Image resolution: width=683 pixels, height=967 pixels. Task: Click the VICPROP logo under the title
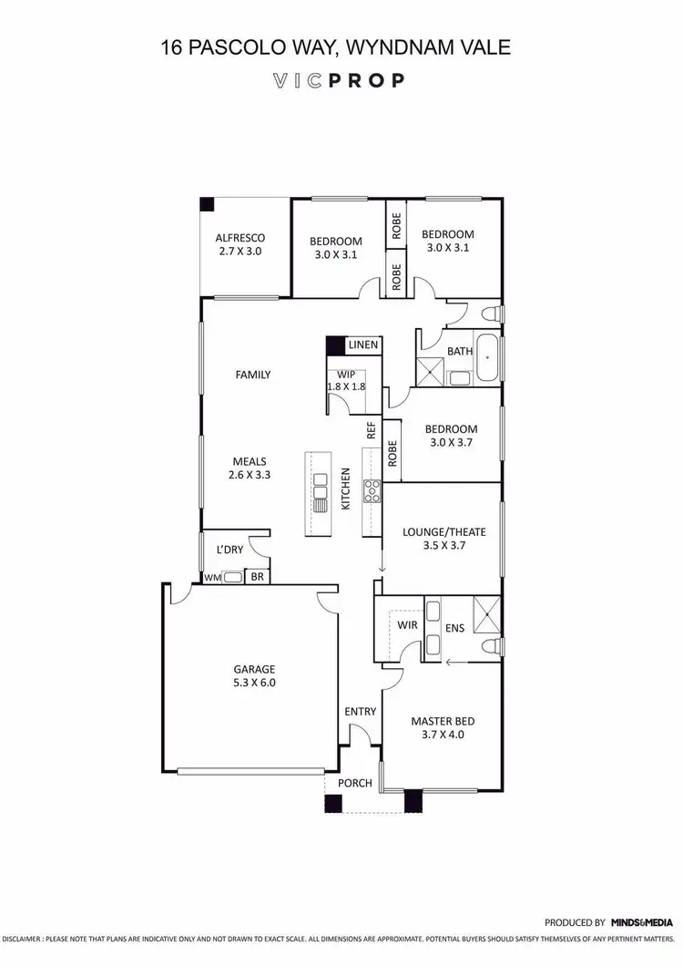pyautogui.click(x=340, y=80)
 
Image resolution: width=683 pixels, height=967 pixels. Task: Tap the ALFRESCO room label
pyautogui.click(x=240, y=237)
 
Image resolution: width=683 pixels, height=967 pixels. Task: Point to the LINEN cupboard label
pyautogui.click(x=363, y=345)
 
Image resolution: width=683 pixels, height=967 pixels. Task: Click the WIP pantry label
pyautogui.click(x=345, y=374)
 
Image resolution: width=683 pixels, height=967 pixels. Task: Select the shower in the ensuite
pyautogui.click(x=487, y=613)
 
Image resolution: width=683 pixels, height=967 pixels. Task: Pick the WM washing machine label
pyautogui.click(x=211, y=577)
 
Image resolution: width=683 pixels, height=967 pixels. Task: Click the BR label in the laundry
pyautogui.click(x=257, y=577)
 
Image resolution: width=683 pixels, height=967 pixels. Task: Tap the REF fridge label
pyautogui.click(x=372, y=431)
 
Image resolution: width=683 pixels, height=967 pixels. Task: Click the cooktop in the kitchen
pyautogui.click(x=372, y=491)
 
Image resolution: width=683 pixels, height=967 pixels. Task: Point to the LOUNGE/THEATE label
pyautogui.click(x=444, y=532)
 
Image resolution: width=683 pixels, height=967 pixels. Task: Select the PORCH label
pyautogui.click(x=354, y=782)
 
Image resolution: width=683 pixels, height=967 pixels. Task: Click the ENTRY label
pyautogui.click(x=360, y=712)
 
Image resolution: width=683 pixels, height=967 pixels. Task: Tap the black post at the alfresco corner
pyautogui.click(x=208, y=205)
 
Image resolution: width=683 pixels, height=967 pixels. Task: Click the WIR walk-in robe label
pyautogui.click(x=407, y=624)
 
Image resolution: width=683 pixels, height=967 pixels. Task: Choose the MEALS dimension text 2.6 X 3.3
pyautogui.click(x=250, y=474)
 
